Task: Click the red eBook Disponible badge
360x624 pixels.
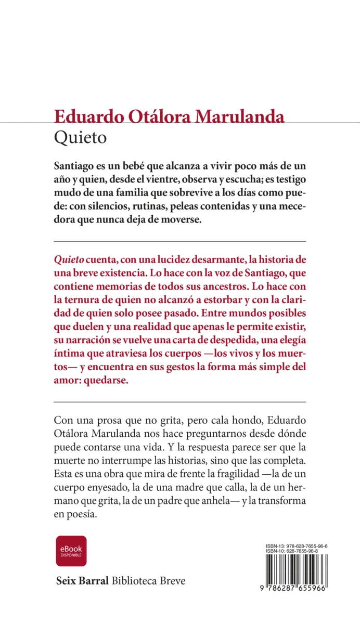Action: [71, 551]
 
